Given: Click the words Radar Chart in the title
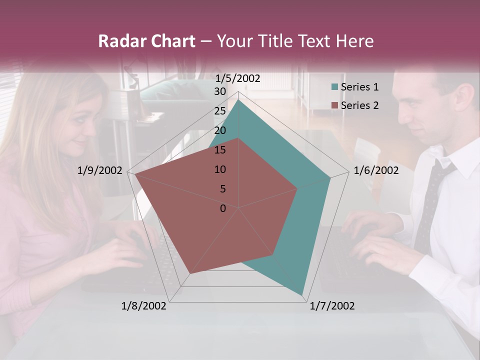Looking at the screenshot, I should [x=147, y=41].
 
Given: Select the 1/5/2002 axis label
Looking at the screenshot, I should [x=238, y=78].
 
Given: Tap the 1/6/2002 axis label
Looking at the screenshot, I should [x=376, y=170].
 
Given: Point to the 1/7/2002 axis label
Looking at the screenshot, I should [x=332, y=306].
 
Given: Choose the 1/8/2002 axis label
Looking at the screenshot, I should [x=144, y=306].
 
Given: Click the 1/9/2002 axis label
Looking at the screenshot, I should [x=100, y=170].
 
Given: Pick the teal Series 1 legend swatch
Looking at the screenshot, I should [x=334, y=87].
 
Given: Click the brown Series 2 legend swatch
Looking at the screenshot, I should [x=334, y=105].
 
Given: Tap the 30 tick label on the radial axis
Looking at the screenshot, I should [x=220, y=91].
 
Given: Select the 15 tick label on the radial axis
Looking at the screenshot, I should [x=220, y=150].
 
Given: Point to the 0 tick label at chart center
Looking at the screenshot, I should [x=223, y=208].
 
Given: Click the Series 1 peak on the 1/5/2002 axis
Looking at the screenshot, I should [x=238, y=100].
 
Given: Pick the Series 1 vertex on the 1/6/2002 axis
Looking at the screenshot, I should [x=330, y=177].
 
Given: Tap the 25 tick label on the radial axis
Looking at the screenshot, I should [x=220, y=111].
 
